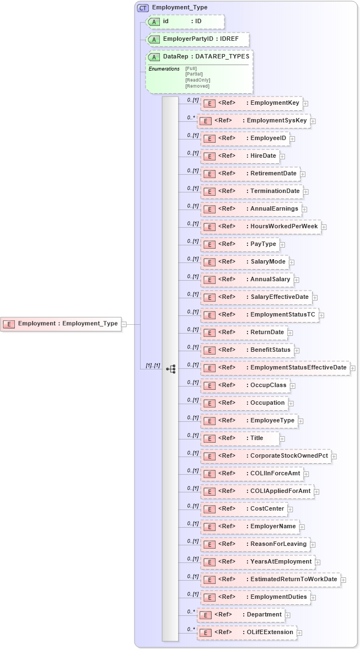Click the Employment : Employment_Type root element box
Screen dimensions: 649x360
tap(61, 324)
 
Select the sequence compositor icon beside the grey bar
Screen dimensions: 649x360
tap(170, 368)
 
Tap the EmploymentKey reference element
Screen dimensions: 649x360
tap(251, 103)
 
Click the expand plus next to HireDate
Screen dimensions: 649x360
tap(282, 156)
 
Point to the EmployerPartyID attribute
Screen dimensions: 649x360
tap(197, 40)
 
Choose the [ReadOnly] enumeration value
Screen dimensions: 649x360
tap(198, 81)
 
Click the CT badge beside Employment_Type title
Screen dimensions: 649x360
tap(143, 8)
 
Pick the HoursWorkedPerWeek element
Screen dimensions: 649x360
tap(261, 226)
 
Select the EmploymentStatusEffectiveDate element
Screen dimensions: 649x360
tap(275, 367)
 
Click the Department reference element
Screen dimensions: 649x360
tap(240, 614)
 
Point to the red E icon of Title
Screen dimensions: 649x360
tap(209, 438)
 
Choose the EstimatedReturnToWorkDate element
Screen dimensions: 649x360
tap(271, 579)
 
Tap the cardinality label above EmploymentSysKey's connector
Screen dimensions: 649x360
tap(191, 117)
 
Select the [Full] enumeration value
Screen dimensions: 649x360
tap(191, 68)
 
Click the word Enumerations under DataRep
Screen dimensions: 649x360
tap(164, 69)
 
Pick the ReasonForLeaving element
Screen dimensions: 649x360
tap(255, 544)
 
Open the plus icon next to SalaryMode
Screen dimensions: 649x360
tap(292, 262)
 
